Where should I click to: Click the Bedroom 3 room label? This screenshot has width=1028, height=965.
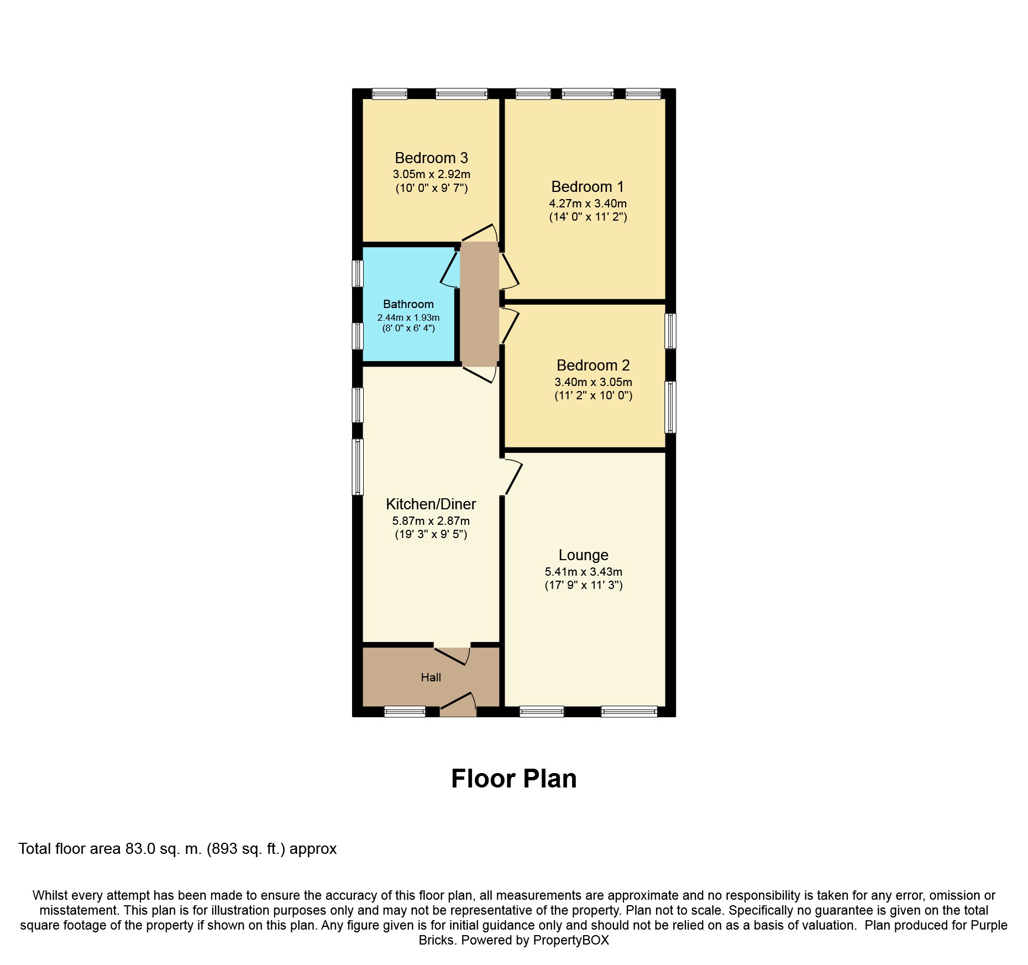tap(431, 158)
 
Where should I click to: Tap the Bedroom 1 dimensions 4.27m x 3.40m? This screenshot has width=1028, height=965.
tap(588, 203)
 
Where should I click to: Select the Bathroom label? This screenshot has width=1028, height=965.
tap(408, 304)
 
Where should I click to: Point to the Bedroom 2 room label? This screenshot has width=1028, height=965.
tap(593, 366)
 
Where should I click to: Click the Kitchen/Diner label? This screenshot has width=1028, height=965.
tap(431, 504)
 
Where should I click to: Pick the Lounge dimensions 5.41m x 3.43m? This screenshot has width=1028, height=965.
tap(584, 572)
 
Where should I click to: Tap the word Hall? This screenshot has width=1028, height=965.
tap(431, 677)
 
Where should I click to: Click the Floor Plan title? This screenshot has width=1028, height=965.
tap(514, 779)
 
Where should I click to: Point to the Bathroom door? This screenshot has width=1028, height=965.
tap(450, 269)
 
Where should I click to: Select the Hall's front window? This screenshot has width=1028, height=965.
tap(405, 712)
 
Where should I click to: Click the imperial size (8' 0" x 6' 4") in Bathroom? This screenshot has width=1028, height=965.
tap(408, 328)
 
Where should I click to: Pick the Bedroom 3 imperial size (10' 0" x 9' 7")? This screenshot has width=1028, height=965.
tap(432, 188)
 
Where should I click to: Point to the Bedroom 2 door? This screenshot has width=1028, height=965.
tap(510, 326)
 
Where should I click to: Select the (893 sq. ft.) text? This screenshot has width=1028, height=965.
tap(246, 849)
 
